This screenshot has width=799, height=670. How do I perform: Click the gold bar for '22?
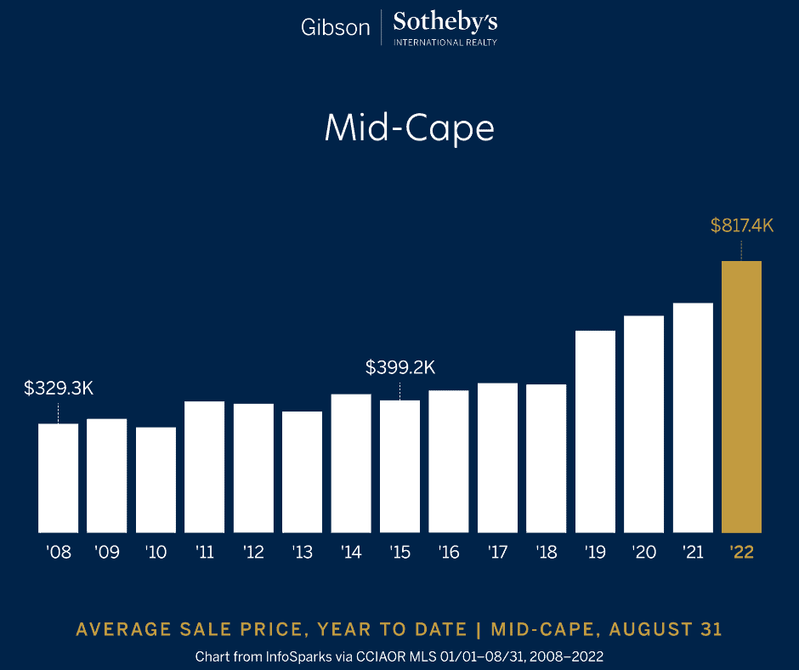pos(741,396)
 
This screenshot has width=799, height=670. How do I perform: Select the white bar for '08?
pos(58,477)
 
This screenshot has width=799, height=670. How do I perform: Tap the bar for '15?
pos(399,466)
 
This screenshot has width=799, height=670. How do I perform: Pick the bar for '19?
pos(595,431)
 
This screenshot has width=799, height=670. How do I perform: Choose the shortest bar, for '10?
pos(156,479)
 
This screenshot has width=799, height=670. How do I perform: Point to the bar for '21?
pos(693,417)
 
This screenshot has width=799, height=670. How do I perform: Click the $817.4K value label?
pos(741,226)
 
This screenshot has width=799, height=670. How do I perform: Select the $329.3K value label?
pos(58,389)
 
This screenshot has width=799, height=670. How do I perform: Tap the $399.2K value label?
pos(399,367)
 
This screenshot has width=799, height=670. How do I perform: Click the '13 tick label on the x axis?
pos(302,553)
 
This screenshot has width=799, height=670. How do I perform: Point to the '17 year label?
pos(497,553)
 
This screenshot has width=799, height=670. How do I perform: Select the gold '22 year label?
pos(741,553)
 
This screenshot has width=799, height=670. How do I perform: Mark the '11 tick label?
pos(204,553)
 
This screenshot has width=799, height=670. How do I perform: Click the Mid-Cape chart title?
pos(409,128)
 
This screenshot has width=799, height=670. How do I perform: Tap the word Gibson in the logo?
pos(336,27)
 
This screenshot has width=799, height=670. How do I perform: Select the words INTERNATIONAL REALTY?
pos(445,42)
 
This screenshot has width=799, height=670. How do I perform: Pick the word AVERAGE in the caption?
pos(123,629)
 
